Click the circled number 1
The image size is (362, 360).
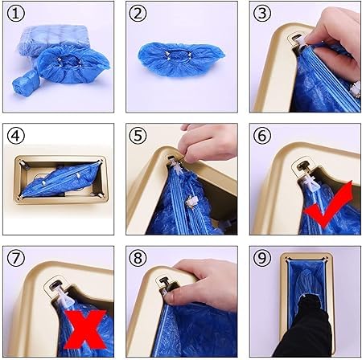tap(16, 14)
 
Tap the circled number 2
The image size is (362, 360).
tap(138, 14)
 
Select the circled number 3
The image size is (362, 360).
tap(262, 14)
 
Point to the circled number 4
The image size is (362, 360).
tap(16, 136)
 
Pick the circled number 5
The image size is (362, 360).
tap(138, 136)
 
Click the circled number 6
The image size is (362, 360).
tap(262, 136)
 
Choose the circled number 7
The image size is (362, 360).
tap(16, 258)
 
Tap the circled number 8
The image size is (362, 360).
tap(138, 258)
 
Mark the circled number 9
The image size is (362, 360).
tap(262, 258)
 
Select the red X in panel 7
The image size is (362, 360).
tap(85, 329)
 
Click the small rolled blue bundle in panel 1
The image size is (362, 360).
tap(26, 84)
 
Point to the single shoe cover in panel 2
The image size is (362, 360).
tap(181, 59)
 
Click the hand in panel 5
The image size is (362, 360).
tap(208, 143)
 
